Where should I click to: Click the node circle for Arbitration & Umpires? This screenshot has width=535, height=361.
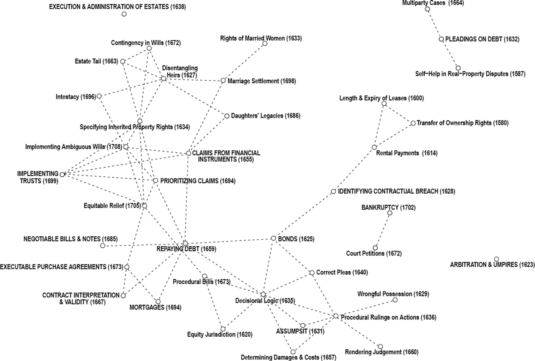coord(496,259)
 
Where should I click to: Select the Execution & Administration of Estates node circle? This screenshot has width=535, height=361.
coord(124,14)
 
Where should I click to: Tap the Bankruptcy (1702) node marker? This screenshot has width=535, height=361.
coord(390,213)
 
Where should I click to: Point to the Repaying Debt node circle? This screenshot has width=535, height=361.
coord(185,243)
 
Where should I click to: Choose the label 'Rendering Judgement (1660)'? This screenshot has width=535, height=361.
coord(381,352)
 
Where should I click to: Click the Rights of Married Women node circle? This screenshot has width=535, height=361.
coord(265,43)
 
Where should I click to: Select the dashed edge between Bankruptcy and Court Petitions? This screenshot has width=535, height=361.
coord(383,230)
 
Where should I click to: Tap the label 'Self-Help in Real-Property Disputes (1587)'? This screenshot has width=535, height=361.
coord(470,74)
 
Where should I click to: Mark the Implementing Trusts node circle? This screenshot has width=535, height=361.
coord(62,174)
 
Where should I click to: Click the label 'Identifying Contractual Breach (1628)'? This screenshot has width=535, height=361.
coord(397,191)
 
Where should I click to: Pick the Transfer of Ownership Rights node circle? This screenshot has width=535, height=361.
coord(413,123)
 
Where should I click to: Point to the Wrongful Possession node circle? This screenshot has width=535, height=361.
coord(395,300)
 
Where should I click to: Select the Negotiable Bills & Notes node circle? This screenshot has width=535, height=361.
coord(102,246)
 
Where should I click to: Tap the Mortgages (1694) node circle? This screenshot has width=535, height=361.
coord(158,301)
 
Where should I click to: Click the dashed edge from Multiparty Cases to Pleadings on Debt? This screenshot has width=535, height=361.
coord(434,24)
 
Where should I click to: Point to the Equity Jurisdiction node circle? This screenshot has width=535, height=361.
coord(223,329)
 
